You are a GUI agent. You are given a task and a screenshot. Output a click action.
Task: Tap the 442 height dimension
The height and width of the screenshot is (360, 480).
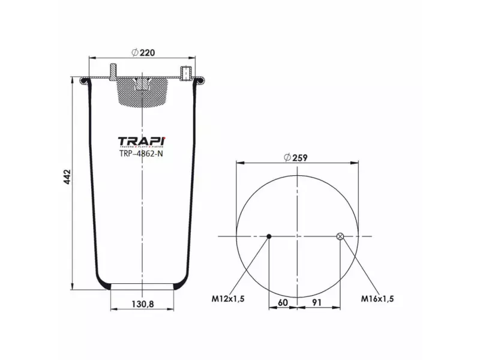tap(67, 178)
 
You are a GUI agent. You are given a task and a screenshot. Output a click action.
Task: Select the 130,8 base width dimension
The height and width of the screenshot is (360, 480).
tap(142, 304)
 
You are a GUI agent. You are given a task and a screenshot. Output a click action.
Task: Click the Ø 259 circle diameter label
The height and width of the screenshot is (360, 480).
tap(298, 157)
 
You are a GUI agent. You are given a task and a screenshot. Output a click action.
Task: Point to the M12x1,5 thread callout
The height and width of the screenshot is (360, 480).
tap(227, 298)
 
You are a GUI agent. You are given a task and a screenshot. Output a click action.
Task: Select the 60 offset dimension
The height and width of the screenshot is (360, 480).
tap(283, 302)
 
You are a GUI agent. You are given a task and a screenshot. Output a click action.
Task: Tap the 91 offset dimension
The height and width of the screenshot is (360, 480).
tap(318, 302)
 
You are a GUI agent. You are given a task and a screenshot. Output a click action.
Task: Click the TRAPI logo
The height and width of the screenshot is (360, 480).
tap(142, 141)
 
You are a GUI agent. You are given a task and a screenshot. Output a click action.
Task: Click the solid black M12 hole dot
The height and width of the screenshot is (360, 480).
tap(269, 236)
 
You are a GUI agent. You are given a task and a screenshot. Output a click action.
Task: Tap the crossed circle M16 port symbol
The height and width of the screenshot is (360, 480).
tap(340, 236)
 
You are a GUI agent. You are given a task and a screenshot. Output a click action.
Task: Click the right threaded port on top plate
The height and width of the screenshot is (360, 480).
tap(185, 71)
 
